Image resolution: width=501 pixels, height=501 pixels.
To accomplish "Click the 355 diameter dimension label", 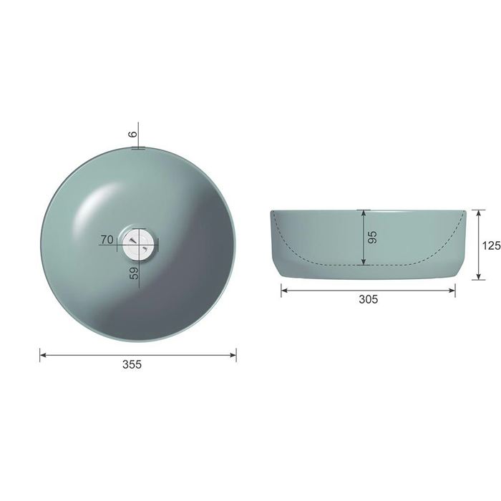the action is click(x=132, y=364).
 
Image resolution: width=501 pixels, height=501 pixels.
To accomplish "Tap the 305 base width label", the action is click(x=368, y=299).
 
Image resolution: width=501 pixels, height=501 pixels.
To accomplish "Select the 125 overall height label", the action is click(x=492, y=245).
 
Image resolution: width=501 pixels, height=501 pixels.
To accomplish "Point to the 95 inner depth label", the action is click(x=372, y=237).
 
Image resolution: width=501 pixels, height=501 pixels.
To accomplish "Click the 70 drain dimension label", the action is click(x=107, y=239).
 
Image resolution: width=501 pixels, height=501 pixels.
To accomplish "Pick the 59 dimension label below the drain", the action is click(x=135, y=273).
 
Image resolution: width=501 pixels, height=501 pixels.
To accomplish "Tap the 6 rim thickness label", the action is click(x=133, y=134).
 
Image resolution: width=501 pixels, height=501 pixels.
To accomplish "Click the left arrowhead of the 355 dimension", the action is click(x=43, y=355).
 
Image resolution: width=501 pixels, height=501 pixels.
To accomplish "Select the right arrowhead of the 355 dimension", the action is click(x=233, y=355).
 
